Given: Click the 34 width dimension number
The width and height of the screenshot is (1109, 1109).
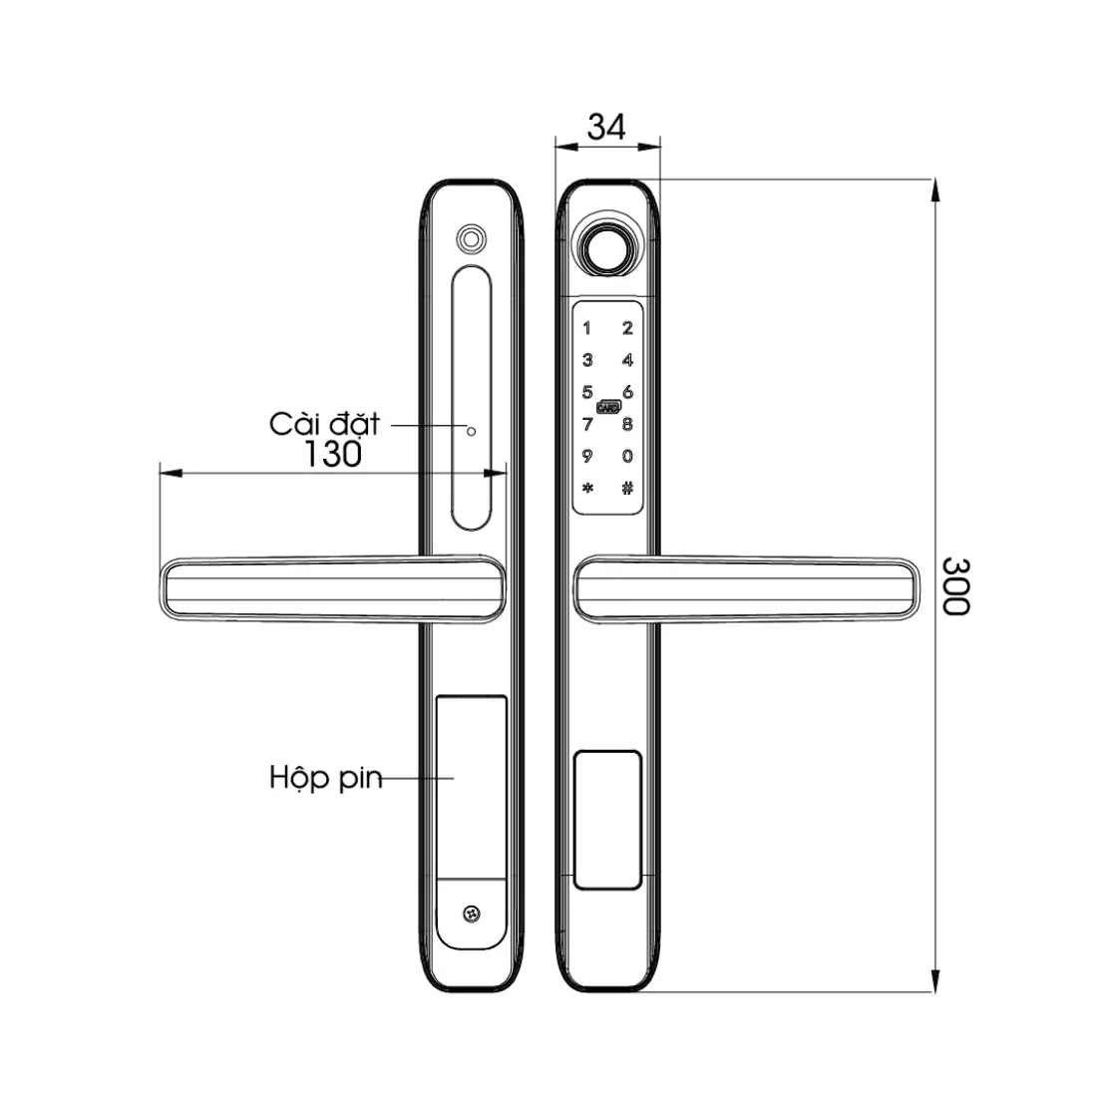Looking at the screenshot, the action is (606, 128).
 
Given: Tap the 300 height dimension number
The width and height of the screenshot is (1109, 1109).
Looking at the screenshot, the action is (955, 586).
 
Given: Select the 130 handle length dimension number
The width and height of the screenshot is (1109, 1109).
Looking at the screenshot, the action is (332, 454).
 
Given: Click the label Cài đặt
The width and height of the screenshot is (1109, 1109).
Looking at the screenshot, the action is (325, 425).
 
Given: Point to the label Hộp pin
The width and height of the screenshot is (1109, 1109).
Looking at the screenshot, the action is (326, 778).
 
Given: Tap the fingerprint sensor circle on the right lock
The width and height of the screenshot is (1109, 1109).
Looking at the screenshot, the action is (606, 246).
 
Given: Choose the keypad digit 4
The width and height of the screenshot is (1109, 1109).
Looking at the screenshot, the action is (627, 360).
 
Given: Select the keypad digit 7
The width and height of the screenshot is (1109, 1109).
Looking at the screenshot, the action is (587, 425).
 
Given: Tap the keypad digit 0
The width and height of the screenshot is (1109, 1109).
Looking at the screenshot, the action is (627, 456).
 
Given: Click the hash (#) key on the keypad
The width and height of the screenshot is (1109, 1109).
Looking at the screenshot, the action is (627, 488).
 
